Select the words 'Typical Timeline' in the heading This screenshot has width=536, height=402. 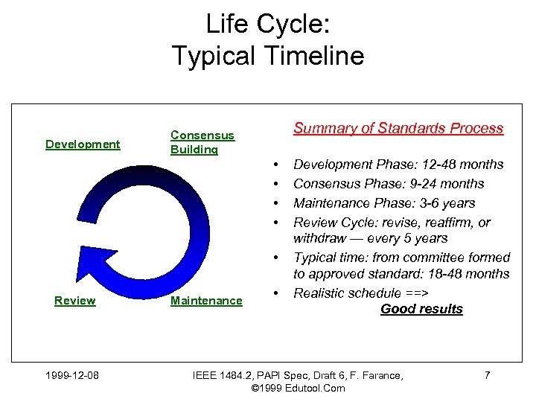tap(268, 56)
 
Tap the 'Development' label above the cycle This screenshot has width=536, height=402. tap(83, 144)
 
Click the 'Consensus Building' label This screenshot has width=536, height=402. tap(202, 142)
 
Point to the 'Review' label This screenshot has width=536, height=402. tap(75, 301)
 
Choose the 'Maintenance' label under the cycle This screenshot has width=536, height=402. tap(206, 301)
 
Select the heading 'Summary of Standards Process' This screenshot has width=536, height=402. tap(398, 128)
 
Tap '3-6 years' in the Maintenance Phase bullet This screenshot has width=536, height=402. tap(448, 203)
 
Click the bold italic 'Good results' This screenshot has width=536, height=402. tap(421, 309)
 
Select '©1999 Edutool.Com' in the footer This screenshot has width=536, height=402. tap(298, 388)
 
